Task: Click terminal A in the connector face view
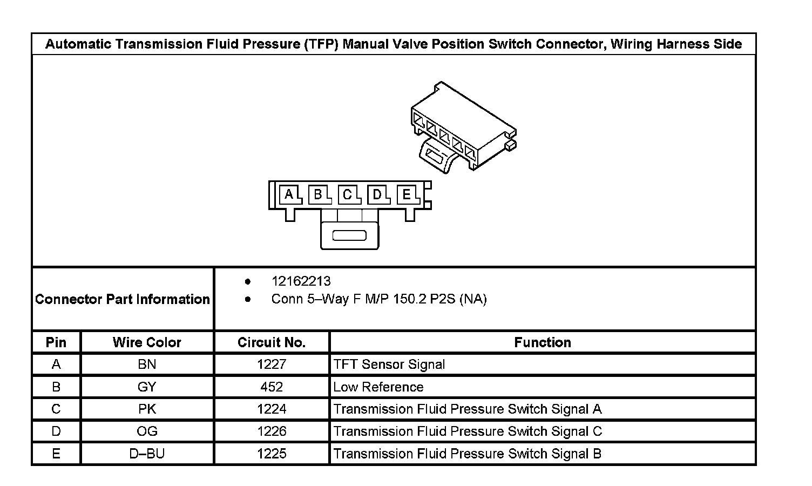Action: pyautogui.click(x=289, y=194)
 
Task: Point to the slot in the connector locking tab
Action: pyautogui.click(x=349, y=235)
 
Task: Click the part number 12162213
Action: pyautogui.click(x=301, y=281)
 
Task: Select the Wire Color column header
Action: pyautogui.click(x=147, y=342)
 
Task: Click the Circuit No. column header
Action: pyautogui.click(x=272, y=342)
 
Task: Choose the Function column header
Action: pyautogui.click(x=542, y=342)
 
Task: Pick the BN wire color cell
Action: pyautogui.click(x=147, y=364)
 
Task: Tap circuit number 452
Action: pyautogui.click(x=272, y=387)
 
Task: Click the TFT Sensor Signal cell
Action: pyautogui.click(x=389, y=364)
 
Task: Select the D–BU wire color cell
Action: pyautogui.click(x=147, y=454)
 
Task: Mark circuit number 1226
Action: pyautogui.click(x=272, y=431)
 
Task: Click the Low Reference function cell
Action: pyautogui.click(x=378, y=387)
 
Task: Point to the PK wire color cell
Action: pyautogui.click(x=147, y=409)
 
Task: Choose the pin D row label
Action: pyautogui.click(x=56, y=431)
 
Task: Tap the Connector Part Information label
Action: pyautogui.click(x=123, y=299)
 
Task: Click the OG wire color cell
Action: pyautogui.click(x=147, y=431)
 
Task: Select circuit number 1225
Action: pyautogui.click(x=272, y=454)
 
